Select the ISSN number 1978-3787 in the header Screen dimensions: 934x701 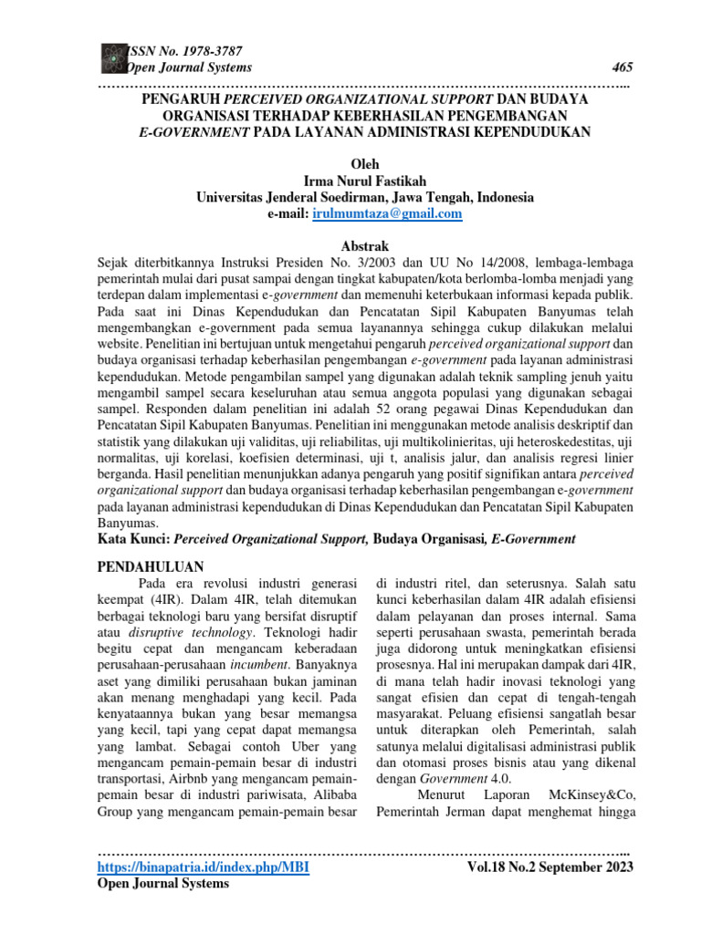pos(173,51)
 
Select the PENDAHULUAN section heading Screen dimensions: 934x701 pos(151,566)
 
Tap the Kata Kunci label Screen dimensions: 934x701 pos(134,540)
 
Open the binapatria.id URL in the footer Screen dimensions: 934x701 pos(203,867)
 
